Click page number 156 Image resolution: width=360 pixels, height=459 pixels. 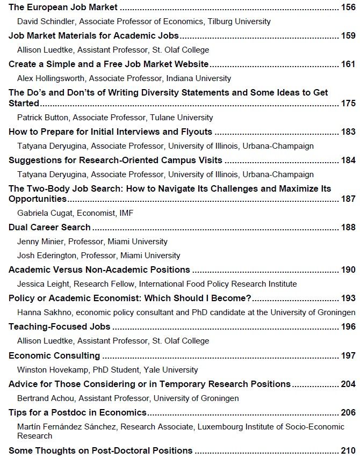point(348,8)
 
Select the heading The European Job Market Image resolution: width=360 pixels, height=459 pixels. point(63,8)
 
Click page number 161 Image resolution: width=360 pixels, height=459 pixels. point(348,64)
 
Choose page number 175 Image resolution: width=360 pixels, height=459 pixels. point(348,103)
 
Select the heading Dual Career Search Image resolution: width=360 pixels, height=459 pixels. point(49,227)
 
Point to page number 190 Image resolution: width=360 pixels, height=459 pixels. point(348,269)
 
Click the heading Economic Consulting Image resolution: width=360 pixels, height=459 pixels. point(54,355)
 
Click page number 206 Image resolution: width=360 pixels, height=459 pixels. point(348,412)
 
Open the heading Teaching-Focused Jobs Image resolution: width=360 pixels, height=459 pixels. point(60,326)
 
